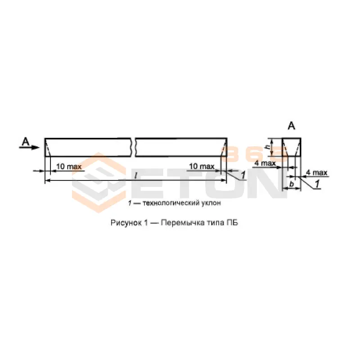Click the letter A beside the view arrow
point(26,142)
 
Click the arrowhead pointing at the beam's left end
point(36,148)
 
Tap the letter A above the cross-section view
point(291,126)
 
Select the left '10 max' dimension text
point(69,166)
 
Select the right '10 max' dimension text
point(202,166)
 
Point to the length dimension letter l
point(136,175)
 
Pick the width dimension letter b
point(292,184)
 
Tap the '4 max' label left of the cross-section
point(265,163)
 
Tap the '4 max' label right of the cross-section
point(317,172)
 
